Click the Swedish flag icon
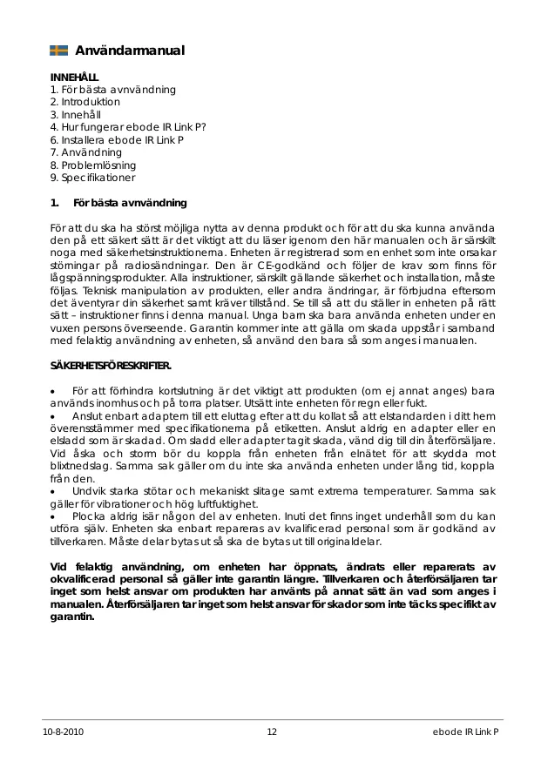click(59, 51)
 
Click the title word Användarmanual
click(130, 51)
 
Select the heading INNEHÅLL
click(75, 78)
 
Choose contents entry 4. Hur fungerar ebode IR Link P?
click(128, 127)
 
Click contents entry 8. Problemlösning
click(93, 165)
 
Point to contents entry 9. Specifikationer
click(93, 178)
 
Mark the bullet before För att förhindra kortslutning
click(53, 391)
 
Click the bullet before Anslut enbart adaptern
click(53, 416)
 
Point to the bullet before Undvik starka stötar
click(53, 492)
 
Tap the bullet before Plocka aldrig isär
click(53, 517)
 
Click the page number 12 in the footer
click(272, 732)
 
